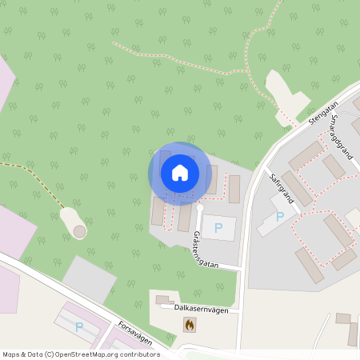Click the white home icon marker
pyautogui.click(x=179, y=172)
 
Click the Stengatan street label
pyautogui.click(x=322, y=111)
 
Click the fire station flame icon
pyautogui.click(x=189, y=325)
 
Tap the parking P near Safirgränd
pyautogui.click(x=279, y=217)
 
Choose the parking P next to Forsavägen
pyautogui.click(x=78, y=326)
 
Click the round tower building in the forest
pyautogui.click(x=79, y=230)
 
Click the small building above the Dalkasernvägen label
pyautogui.click(x=164, y=300)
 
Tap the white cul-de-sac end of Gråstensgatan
pyautogui.click(x=200, y=209)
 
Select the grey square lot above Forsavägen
pyautogui.click(x=90, y=279)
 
